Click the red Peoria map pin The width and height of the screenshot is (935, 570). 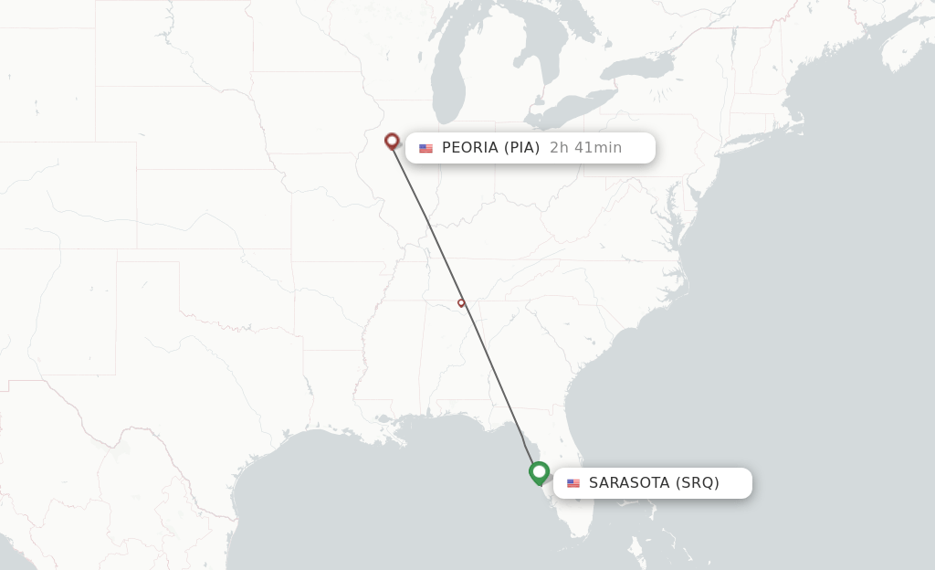[x=392, y=141]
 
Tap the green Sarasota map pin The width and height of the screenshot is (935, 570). [x=539, y=472]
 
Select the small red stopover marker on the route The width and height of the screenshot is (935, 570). [x=461, y=302]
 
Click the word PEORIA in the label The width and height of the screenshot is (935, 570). [x=470, y=148]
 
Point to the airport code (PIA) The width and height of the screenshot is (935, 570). [x=521, y=148]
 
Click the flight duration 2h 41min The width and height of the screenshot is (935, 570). [x=585, y=148]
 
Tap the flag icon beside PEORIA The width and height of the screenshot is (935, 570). [x=425, y=148]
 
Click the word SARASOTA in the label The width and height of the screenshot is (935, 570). [x=629, y=483]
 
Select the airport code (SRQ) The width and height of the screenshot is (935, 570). [x=697, y=483]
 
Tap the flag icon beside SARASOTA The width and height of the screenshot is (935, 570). [x=573, y=483]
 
